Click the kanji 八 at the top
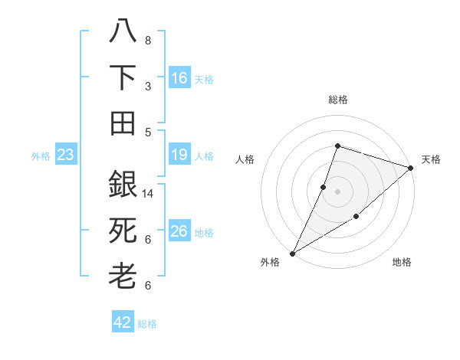[x=123, y=31]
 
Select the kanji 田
[x=123, y=123]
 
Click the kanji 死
[x=123, y=231]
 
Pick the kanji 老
[x=123, y=276]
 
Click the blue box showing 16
[x=179, y=78]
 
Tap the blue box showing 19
[x=179, y=155]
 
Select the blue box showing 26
[x=179, y=232]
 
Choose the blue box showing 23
[x=65, y=155]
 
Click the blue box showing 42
[x=123, y=322]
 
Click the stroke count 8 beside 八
[x=147, y=40]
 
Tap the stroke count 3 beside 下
[x=147, y=86]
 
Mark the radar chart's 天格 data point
[x=411, y=168]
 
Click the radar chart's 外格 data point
[x=292, y=253]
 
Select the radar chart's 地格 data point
[x=356, y=217]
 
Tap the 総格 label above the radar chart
[x=337, y=100]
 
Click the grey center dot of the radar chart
[x=337, y=191]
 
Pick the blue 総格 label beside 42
[x=147, y=324]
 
